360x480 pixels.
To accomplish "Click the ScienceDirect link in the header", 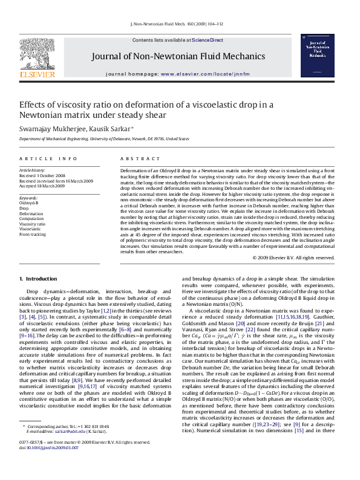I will (x=208, y=40).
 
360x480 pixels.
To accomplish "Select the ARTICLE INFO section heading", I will (x=48, y=158).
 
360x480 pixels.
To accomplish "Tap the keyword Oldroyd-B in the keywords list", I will (x=28, y=203).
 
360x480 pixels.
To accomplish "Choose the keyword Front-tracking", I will (x=32, y=234).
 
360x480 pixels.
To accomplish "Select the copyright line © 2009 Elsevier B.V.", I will (x=293, y=258).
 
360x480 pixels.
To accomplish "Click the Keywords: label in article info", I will (x=28, y=198).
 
